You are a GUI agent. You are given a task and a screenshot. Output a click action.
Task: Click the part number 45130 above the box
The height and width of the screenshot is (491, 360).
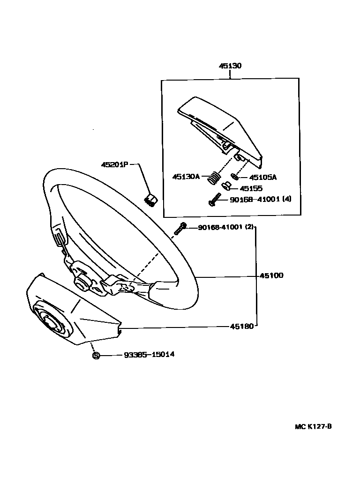[230, 66]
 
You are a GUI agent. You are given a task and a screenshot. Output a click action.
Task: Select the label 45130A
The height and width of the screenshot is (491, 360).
[186, 177]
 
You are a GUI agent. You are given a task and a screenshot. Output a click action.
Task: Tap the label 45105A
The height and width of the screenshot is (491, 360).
[262, 178]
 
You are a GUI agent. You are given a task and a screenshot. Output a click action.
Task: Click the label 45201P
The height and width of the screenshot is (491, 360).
[114, 164]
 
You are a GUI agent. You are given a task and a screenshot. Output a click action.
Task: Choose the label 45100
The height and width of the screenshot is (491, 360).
[271, 275]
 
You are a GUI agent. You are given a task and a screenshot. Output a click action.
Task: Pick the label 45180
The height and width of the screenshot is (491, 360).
[242, 326]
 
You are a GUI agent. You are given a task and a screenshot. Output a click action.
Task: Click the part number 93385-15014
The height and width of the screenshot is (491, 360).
[149, 355]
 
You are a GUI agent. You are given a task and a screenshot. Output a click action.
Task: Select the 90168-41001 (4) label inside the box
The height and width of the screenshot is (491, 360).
[260, 199]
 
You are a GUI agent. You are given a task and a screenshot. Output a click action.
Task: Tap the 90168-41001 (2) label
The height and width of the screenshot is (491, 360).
[225, 227]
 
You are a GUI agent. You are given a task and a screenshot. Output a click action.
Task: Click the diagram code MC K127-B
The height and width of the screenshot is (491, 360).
[314, 426]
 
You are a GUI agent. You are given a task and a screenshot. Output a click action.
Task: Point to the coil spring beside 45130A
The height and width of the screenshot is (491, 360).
[214, 178]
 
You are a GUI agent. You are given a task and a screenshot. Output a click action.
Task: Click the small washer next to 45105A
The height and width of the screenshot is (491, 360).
[234, 177]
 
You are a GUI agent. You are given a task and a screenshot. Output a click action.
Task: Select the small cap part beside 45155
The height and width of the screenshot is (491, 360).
[226, 186]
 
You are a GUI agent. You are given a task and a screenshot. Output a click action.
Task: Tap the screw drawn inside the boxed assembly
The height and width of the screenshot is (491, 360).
[214, 201]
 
